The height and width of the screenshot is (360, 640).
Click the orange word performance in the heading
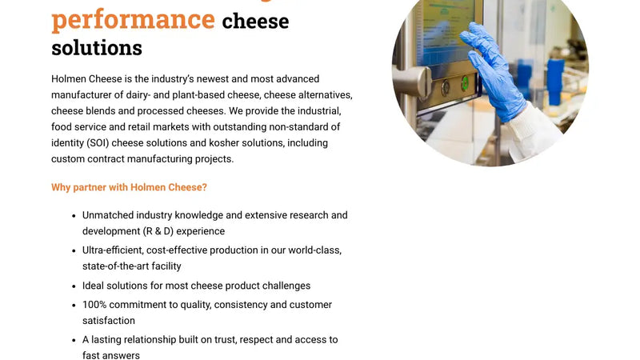(133, 18)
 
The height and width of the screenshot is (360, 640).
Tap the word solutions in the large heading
(97, 48)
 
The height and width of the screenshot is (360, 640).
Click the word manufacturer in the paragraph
(87, 95)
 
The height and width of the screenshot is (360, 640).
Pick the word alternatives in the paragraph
(319, 95)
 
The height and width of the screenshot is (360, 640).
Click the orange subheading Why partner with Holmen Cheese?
(129, 188)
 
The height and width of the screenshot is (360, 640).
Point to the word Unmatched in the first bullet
(107, 215)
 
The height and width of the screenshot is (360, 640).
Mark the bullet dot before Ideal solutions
(73, 286)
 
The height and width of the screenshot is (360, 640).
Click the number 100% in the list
(95, 305)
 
